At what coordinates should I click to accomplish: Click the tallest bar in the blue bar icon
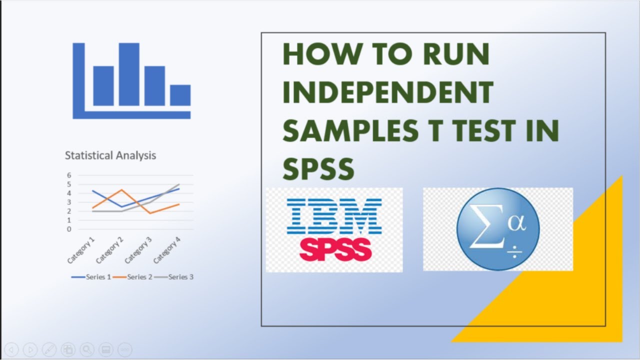129,74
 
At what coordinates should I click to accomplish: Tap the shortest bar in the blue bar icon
180,95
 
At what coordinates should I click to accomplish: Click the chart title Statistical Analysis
110,155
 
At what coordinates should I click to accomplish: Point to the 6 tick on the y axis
69,175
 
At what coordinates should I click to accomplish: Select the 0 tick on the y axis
69,229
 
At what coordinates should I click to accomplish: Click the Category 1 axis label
81,251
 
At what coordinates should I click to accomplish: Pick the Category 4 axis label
167,251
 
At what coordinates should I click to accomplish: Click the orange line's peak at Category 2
121,190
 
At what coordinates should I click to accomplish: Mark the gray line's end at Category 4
179,184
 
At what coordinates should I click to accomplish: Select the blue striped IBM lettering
334,216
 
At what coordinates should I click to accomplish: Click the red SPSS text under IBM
335,249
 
